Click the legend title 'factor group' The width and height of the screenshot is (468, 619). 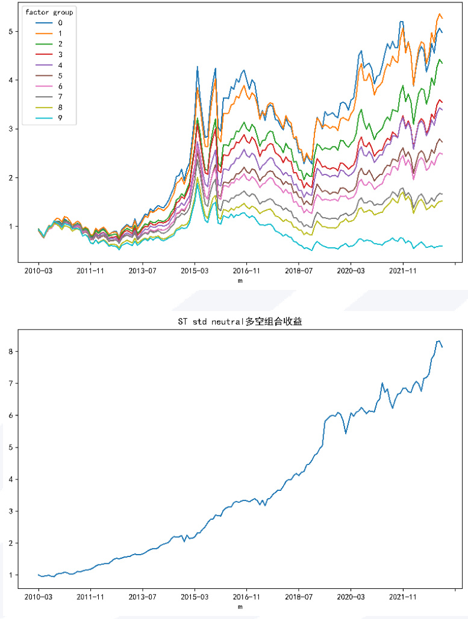coord(49,12)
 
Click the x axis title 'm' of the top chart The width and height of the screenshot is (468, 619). coord(240,280)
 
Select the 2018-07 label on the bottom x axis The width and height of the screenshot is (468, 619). coord(299,598)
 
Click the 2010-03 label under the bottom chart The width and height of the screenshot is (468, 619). coord(39,598)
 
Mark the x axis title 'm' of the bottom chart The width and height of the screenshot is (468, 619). coord(240,607)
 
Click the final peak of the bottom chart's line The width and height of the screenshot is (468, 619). coord(438,341)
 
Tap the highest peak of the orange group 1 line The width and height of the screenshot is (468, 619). coord(439,13)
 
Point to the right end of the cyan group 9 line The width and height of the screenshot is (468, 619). coord(443,245)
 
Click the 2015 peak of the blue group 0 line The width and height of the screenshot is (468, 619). coord(197,67)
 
